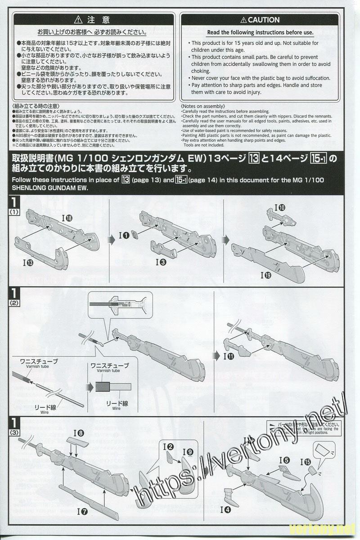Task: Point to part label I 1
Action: click(124, 235)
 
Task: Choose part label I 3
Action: click(162, 261)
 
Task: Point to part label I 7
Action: click(82, 511)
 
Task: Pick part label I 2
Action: click(169, 447)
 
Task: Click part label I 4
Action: click(226, 510)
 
